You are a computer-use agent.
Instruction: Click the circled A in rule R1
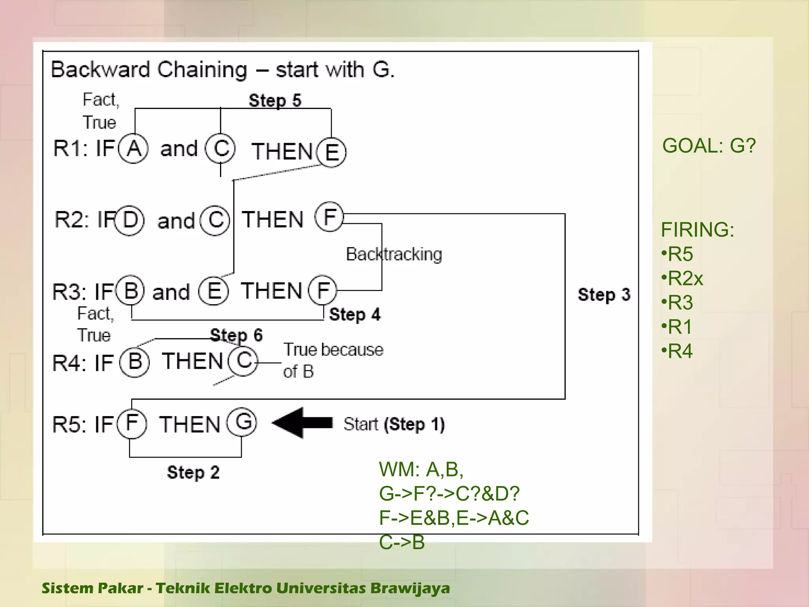click(134, 149)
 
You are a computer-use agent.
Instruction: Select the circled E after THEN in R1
click(332, 153)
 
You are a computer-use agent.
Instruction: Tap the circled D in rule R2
click(130, 221)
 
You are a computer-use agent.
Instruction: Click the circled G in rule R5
click(242, 422)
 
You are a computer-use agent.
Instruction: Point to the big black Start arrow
click(302, 423)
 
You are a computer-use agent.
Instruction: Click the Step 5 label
click(275, 100)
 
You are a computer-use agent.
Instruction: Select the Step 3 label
click(604, 295)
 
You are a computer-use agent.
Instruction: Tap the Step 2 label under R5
click(193, 472)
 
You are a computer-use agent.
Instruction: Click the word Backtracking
click(394, 254)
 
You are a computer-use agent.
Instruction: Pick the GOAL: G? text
click(709, 146)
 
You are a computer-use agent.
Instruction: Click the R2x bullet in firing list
click(682, 279)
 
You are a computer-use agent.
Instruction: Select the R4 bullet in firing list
click(677, 351)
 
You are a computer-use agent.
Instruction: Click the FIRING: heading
click(697, 230)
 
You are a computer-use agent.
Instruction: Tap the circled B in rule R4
click(135, 362)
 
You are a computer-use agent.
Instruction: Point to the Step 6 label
click(236, 335)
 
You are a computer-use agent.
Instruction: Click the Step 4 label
click(355, 315)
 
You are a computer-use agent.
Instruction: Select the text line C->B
click(402, 542)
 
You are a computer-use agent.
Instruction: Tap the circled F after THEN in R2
click(329, 217)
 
